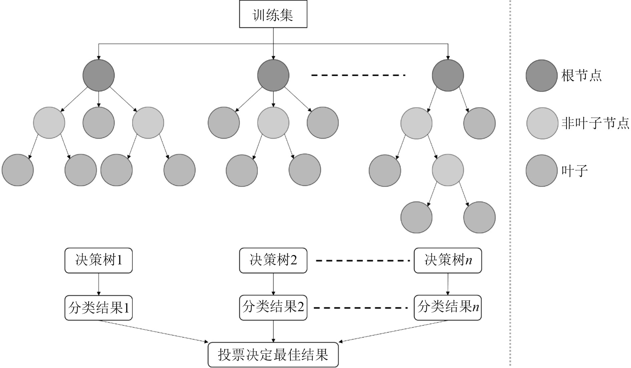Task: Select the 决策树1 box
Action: (x=98, y=260)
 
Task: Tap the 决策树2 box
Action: (x=273, y=260)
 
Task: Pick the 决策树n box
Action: (x=448, y=260)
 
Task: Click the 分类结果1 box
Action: (x=98, y=308)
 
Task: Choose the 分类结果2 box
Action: (x=273, y=308)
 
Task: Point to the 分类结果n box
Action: (x=448, y=308)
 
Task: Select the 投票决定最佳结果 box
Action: (x=273, y=355)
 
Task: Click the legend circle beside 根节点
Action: (x=542, y=76)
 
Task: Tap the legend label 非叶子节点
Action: (x=595, y=123)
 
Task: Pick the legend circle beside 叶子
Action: (x=542, y=170)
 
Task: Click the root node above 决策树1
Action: (x=98, y=75)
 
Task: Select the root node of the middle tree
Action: (x=273, y=75)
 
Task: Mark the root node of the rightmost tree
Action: (x=448, y=75)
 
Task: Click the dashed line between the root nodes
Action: (x=358, y=75)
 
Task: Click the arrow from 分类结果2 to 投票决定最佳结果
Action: (x=273, y=331)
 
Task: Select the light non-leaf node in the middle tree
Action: (x=273, y=123)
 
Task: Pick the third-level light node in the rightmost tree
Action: (x=448, y=170)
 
